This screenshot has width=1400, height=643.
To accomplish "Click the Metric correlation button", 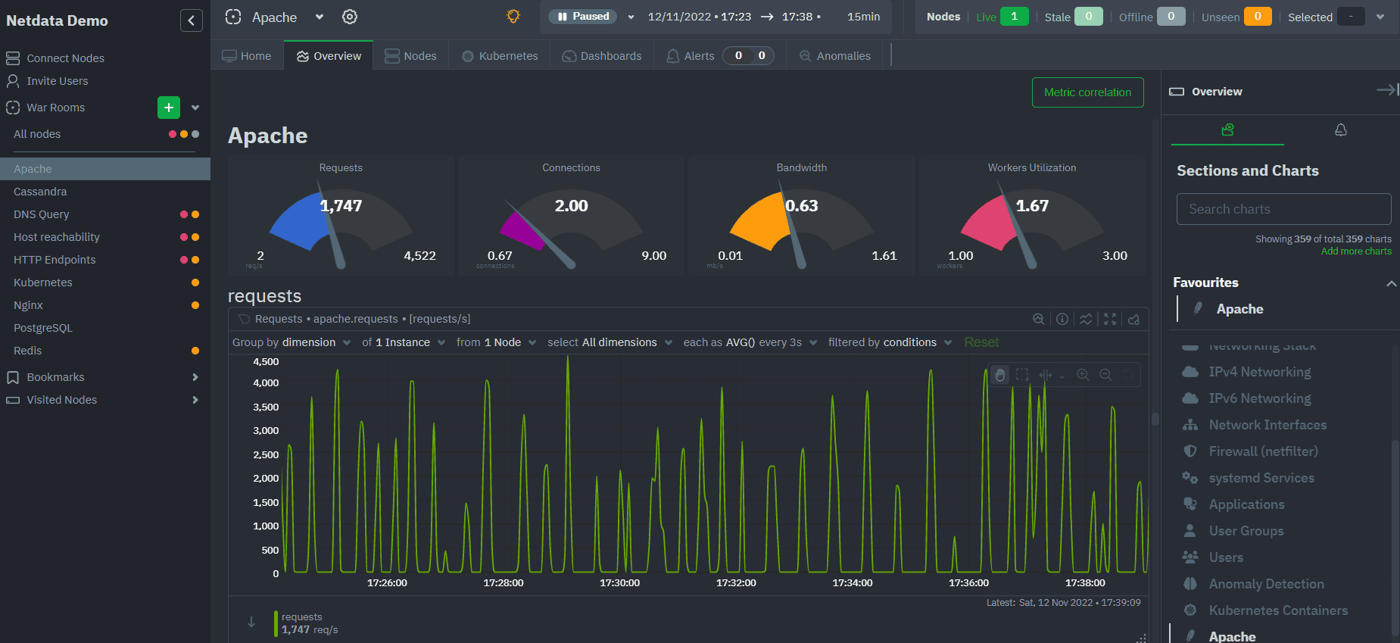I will coord(1087,92).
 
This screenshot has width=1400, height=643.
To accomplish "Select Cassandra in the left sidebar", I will coord(40,192).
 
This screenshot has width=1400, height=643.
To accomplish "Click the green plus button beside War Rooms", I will coord(169,108).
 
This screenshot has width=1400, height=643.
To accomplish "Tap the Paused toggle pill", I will coord(582,17).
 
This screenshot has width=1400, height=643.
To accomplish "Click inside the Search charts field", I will coord(1283,209).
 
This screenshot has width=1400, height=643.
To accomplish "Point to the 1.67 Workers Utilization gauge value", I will coord(1032,206).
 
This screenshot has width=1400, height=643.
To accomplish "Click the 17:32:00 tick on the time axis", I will coord(736,583).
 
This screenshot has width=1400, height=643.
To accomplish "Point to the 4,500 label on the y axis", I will coord(266,362).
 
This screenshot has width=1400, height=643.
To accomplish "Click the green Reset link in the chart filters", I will coord(981,342).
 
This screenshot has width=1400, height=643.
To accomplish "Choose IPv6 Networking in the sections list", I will coord(1259,398).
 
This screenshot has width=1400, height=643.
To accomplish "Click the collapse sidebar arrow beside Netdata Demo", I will coord(191,20).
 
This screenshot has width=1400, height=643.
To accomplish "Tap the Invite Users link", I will coord(57,81).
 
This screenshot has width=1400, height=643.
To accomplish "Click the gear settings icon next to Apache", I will coord(349,17).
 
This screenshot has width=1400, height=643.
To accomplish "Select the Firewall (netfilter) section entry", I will coord(1263,451).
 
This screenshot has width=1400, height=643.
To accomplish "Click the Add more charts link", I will coord(1355,251).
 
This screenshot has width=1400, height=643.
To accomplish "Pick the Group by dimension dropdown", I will coord(292,342).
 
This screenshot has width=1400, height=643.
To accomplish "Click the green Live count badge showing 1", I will coord(1014,17).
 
